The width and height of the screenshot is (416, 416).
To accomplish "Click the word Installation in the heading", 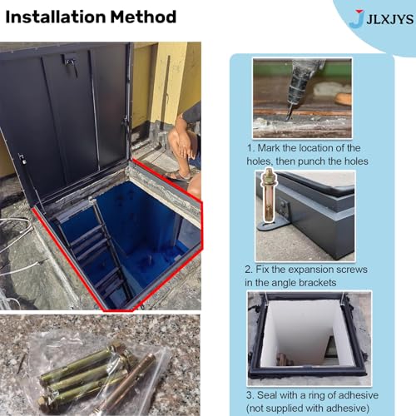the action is click(x=56, y=17).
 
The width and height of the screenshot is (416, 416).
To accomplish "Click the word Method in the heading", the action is click(x=143, y=17).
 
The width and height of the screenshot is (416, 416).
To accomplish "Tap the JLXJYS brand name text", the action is click(x=390, y=19).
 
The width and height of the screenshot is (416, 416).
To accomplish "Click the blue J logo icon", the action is click(x=357, y=18).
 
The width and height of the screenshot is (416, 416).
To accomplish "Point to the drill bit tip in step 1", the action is click(x=288, y=118).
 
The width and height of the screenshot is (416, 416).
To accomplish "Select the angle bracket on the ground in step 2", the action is click(x=274, y=224).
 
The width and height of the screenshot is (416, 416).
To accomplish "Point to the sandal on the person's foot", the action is click(x=177, y=176).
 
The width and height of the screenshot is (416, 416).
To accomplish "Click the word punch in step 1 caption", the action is click(x=319, y=161).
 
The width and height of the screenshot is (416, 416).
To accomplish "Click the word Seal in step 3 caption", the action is click(x=267, y=395).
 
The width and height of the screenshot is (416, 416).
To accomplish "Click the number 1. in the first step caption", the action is click(x=250, y=148).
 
